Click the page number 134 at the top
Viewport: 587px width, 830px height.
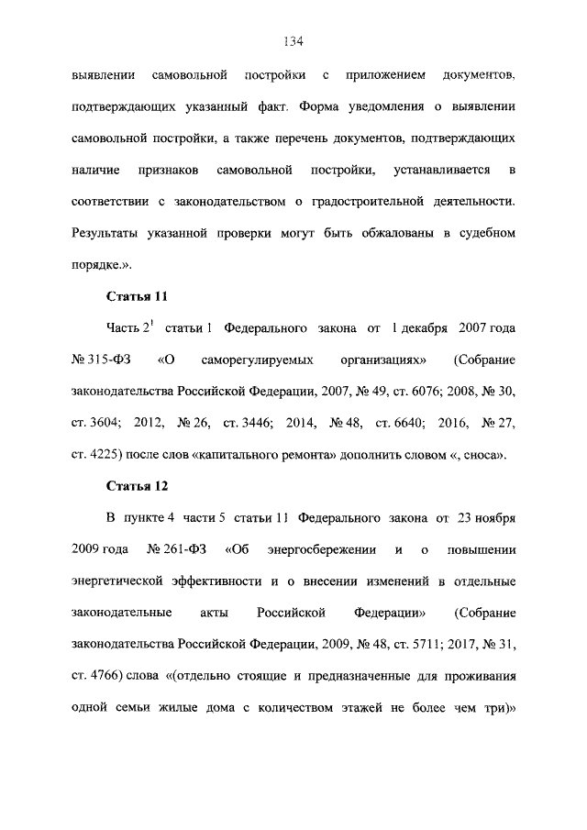(293, 41)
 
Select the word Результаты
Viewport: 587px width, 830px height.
(106, 233)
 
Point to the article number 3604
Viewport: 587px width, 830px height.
(105, 421)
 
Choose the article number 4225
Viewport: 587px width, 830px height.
(105, 453)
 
